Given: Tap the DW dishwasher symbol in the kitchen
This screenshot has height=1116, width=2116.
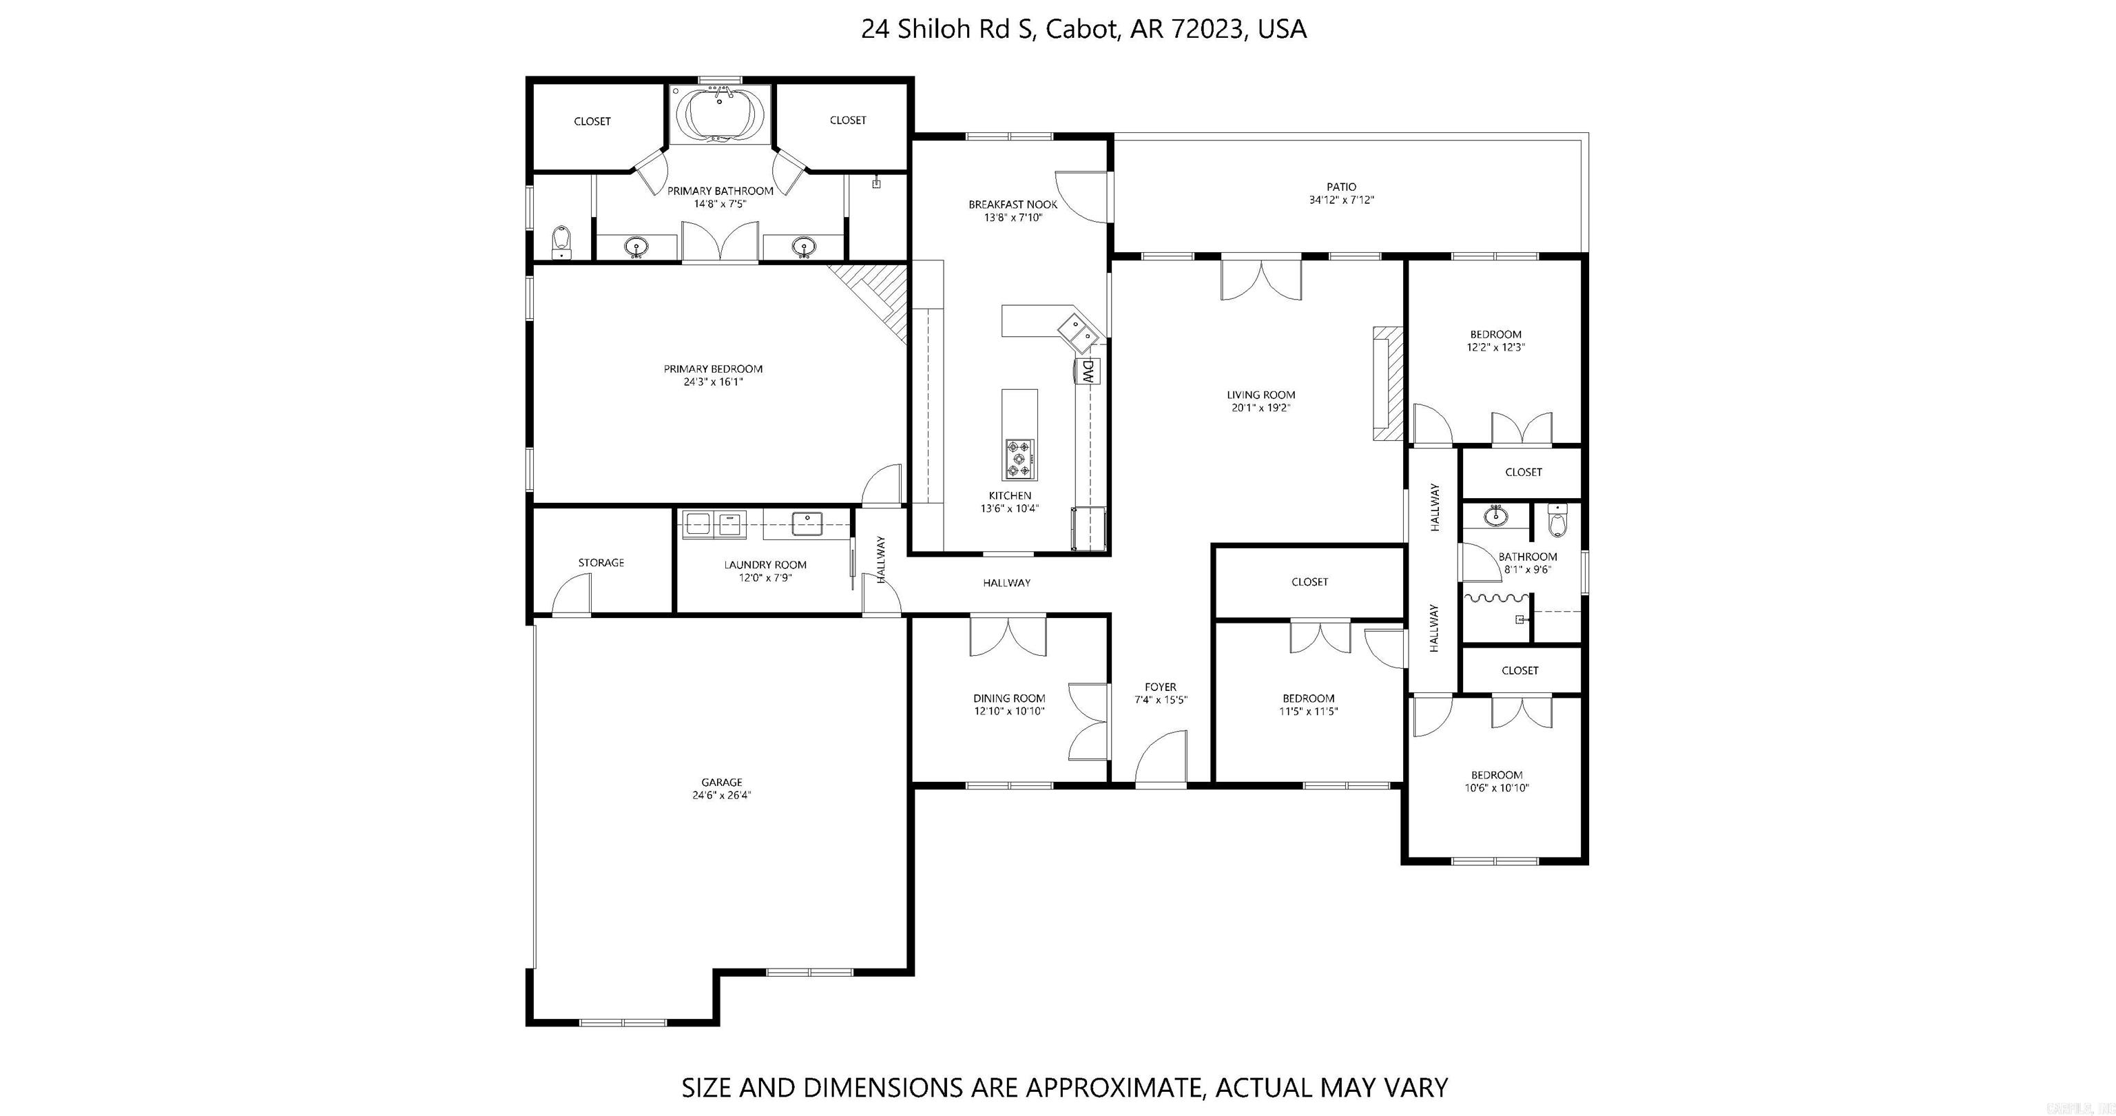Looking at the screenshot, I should [1088, 371].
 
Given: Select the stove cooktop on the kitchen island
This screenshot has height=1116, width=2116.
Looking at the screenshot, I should [1019, 459].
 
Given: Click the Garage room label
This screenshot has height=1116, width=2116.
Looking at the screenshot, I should [721, 783].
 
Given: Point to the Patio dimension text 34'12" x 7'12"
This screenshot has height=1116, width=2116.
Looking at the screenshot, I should [1341, 200].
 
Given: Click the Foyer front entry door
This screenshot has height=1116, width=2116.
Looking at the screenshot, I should [1161, 760].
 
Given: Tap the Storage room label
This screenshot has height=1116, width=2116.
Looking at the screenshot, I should [601, 563].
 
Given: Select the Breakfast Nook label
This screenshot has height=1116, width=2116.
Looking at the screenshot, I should [1013, 205].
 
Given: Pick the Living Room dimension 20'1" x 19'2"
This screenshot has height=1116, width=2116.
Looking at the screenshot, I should [1261, 408].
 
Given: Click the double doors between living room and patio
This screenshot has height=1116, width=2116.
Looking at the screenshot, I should [1261, 280].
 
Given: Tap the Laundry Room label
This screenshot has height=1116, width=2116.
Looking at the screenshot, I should [765, 565].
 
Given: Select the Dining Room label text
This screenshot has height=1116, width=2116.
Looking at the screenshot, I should [1008, 699].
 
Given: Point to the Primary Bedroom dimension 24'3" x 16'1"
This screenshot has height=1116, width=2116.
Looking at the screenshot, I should [713, 382].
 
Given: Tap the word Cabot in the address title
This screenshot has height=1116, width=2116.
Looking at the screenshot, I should [1081, 30].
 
